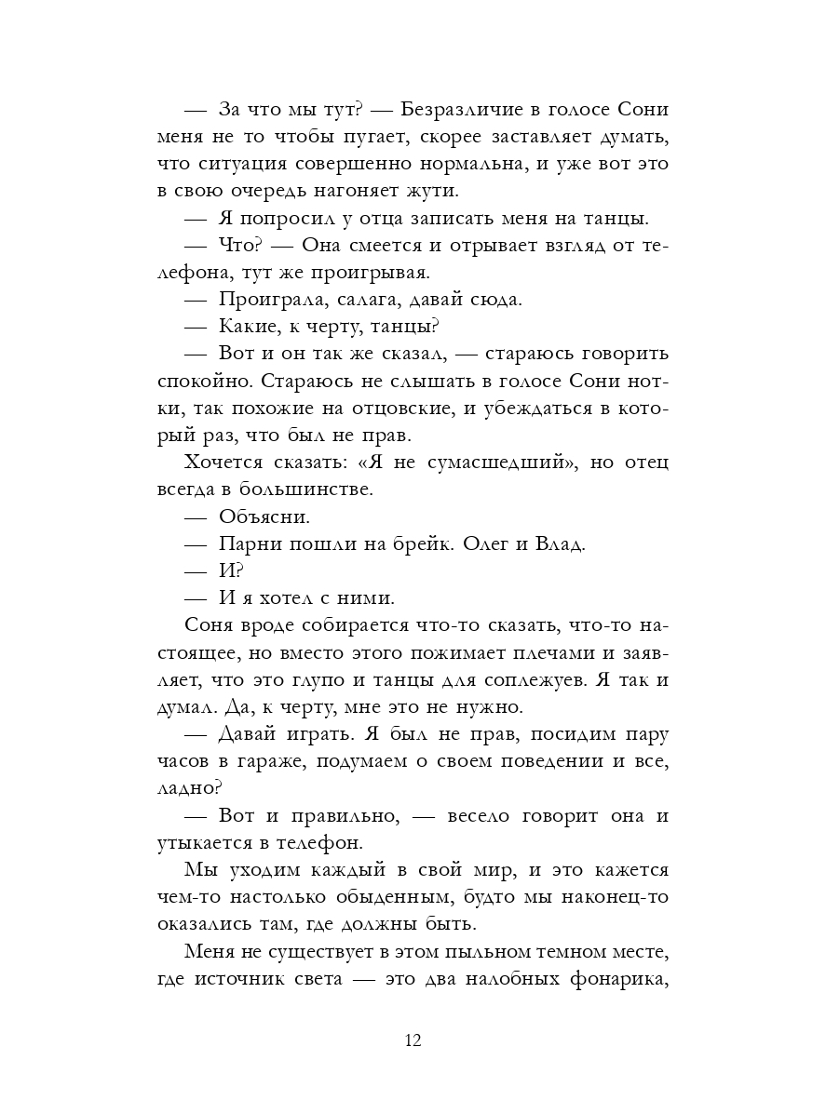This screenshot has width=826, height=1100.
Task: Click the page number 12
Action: pyautogui.click(x=413, y=1040)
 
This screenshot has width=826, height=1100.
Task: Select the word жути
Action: pyautogui.click(x=432, y=190)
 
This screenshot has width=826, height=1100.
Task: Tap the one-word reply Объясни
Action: pyautogui.click(x=264, y=516)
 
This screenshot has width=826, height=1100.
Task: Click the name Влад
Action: pyautogui.click(x=562, y=543)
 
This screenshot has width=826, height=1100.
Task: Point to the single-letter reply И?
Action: pyautogui.click(x=228, y=570)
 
